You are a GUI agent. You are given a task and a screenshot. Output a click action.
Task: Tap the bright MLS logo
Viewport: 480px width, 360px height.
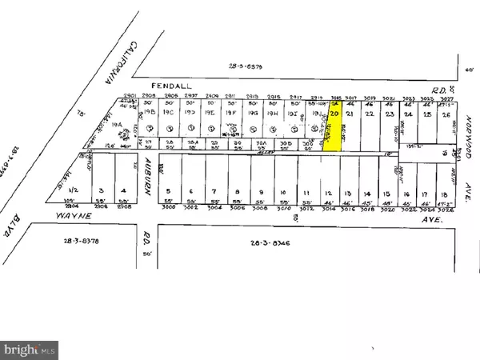(30, 349)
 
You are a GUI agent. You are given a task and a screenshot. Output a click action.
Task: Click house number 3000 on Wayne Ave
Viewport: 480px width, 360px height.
(167, 207)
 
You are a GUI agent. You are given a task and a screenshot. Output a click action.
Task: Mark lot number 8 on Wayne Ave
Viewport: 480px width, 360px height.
(238, 192)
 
